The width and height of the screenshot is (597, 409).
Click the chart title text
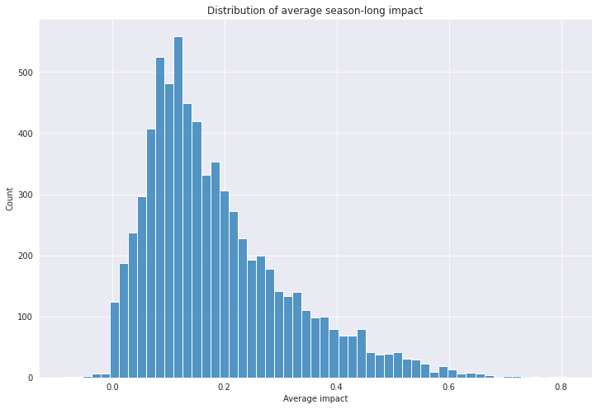tap(315, 11)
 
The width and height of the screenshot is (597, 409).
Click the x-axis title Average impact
tap(315, 399)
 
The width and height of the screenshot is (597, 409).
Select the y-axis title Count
tap(10, 199)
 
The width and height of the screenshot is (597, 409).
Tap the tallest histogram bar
tap(178, 208)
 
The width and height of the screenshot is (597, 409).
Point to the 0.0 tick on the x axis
tap(112, 388)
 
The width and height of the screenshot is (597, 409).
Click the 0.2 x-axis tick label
tap(225, 388)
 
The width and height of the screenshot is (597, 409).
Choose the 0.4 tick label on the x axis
tap(337, 388)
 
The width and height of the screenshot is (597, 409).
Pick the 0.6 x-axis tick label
tap(449, 388)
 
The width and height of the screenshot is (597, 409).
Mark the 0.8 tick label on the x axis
tap(561, 388)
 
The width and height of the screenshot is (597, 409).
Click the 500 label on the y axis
tap(25, 73)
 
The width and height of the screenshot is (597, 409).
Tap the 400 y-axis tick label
tap(25, 134)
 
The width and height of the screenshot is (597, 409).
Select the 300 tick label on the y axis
tap(25, 195)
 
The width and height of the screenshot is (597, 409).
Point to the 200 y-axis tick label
tap(25, 256)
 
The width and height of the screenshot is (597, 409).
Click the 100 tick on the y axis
tap(25, 317)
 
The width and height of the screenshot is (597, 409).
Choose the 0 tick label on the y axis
tap(30, 378)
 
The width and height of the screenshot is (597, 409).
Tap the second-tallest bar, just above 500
tap(160, 218)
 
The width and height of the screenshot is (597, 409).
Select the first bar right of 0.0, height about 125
tap(115, 341)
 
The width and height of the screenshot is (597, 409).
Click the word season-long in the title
tap(353, 11)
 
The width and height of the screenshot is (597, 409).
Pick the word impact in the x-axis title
tap(335, 399)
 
